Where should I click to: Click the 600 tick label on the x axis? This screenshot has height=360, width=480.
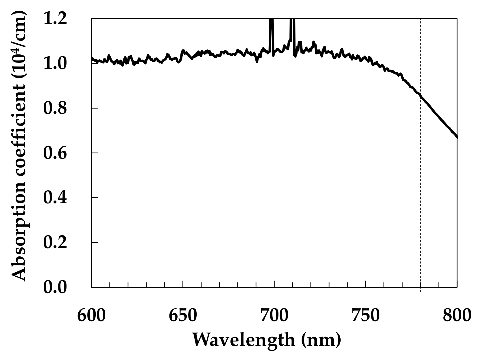91,315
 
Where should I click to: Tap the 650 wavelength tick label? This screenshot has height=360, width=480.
183,315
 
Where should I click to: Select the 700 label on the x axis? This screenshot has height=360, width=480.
274,315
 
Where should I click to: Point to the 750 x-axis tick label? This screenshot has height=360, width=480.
365,315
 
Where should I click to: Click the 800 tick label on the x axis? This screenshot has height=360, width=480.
457,315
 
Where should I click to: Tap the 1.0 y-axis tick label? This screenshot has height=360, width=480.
55,63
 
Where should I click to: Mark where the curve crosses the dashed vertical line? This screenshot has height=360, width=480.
420,96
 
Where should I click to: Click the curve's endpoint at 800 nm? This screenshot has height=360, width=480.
457,137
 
